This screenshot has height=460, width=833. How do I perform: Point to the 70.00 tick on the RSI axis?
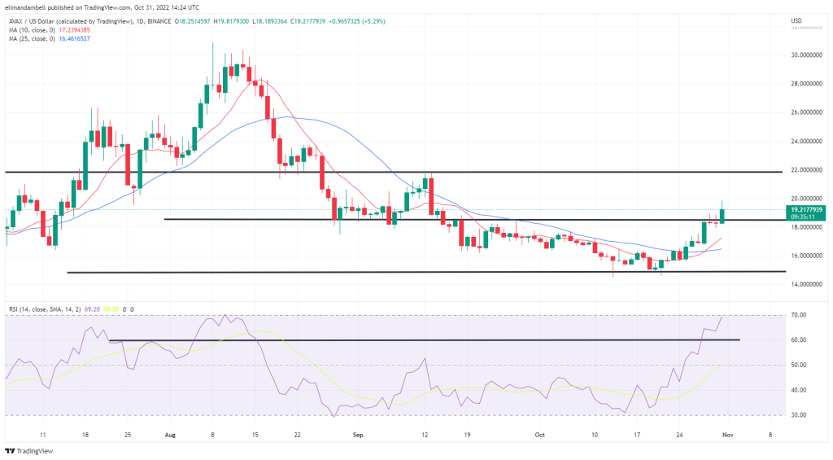[x=799, y=315]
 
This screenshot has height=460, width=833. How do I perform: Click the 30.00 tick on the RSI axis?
[x=799, y=415]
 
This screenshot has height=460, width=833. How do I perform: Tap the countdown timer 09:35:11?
[x=800, y=217]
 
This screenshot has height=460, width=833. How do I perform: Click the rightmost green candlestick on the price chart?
[x=722, y=214]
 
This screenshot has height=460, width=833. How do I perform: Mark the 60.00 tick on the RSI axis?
[x=799, y=340]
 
